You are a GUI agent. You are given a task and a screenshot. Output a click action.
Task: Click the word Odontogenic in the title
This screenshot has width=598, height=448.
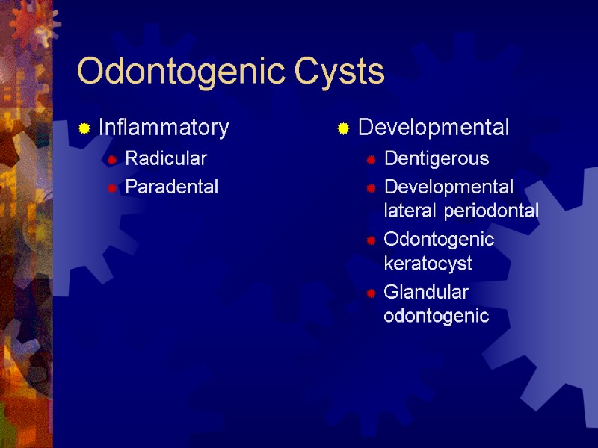pos(181,72)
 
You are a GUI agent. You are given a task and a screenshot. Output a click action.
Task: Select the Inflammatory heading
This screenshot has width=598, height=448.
pos(164,128)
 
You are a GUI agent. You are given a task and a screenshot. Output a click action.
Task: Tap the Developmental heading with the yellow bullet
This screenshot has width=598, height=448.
pos(434,128)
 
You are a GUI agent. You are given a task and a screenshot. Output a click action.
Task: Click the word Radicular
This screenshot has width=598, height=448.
pos(166,158)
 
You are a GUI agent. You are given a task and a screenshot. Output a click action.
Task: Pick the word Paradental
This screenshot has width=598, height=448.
pos(172,187)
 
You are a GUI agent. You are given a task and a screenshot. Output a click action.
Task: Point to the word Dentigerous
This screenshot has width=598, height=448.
pos(437,158)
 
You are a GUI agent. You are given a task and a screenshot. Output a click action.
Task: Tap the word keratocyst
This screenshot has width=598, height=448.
pos(428,264)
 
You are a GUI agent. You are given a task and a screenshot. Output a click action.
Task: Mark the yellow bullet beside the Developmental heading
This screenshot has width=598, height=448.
pos(344,128)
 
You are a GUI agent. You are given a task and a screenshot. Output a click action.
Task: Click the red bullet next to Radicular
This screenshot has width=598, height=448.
pos(111,159)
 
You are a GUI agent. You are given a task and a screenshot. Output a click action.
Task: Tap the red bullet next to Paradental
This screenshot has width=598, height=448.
pos(111,187)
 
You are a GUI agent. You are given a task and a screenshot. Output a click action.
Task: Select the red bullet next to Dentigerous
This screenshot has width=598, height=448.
pos(370,159)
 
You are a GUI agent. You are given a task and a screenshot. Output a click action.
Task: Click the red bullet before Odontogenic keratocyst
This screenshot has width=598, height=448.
pos(370,240)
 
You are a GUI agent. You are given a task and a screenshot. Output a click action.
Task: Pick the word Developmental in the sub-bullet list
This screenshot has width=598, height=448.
pos(449,186)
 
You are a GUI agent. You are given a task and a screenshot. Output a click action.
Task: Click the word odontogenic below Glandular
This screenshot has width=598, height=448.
pos(436,316)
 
